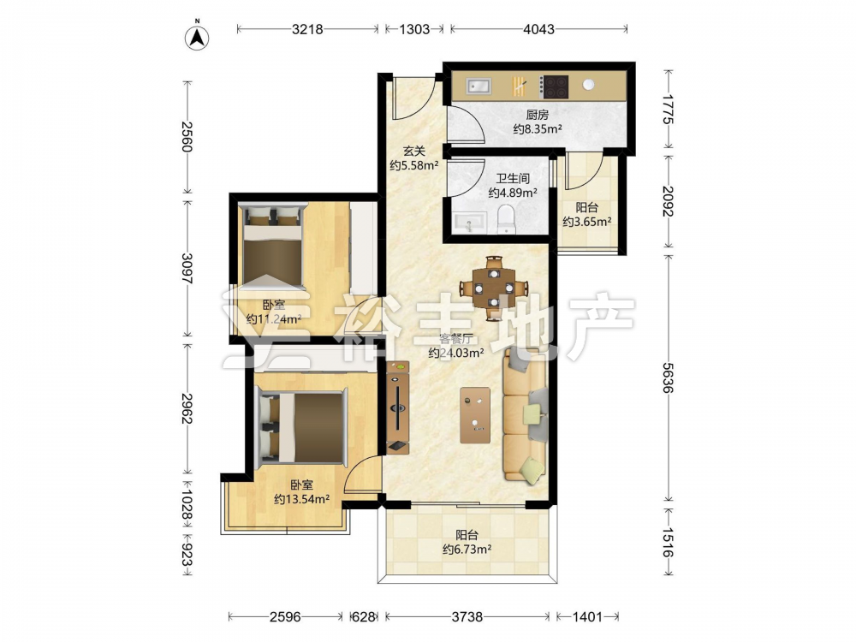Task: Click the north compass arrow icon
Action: coord(198,37)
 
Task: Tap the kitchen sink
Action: coord(479,86)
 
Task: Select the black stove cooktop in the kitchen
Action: coord(555,86)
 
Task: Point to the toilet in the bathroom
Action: coord(507,219)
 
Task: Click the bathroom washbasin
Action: coord(469,223)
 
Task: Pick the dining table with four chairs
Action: coord(494,287)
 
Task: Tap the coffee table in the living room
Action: coord(475,415)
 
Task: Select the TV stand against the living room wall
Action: coord(398,407)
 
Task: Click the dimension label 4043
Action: coord(538,29)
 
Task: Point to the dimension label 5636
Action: coord(668,377)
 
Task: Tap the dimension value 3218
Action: coord(307,29)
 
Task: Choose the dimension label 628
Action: coord(364,617)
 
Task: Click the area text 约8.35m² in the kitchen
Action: coord(538,129)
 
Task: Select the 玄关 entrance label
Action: coord(413,151)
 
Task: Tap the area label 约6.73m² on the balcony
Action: coord(467,550)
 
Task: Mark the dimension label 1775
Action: coord(668,110)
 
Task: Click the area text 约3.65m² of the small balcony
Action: coord(587,222)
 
